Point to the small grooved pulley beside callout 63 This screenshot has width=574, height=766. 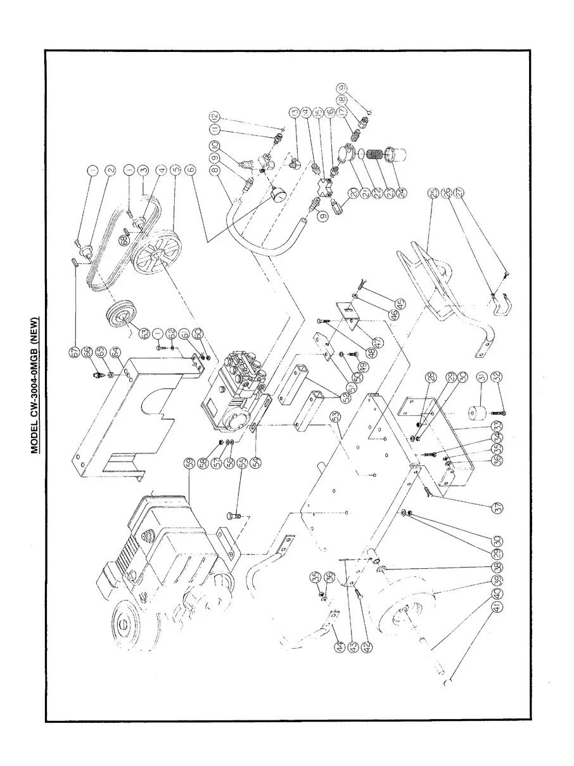(117, 315)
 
